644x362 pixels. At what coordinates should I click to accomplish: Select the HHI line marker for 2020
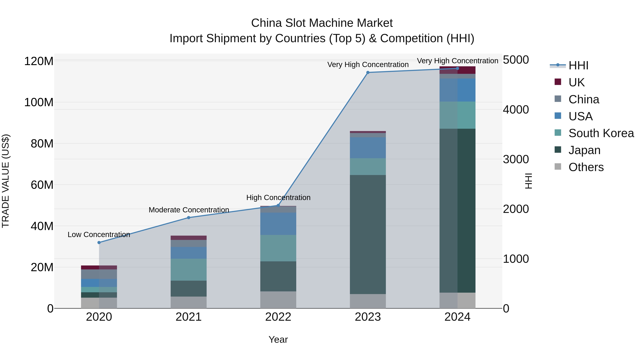coord(99,243)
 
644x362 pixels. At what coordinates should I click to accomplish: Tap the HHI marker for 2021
coord(189,218)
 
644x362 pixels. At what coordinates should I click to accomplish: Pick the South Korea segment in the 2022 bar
coord(278,248)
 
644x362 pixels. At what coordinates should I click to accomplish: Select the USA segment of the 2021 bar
coord(189,253)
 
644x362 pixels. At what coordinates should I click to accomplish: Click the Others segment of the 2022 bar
coord(278,300)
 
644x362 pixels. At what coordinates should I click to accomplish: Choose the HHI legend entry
coord(578,65)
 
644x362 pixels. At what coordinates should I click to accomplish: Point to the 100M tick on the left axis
coord(39,102)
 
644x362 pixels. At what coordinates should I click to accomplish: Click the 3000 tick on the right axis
coord(516,159)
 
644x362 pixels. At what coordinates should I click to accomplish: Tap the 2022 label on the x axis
coord(278,317)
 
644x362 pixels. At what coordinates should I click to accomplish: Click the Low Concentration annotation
coord(99,235)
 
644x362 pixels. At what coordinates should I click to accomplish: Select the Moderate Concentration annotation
coord(189,210)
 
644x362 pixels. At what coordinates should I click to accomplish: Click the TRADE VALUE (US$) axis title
coord(6,181)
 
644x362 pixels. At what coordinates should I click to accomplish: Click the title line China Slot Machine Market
coord(322,23)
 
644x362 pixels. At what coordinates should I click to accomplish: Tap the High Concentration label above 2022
coord(278,198)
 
